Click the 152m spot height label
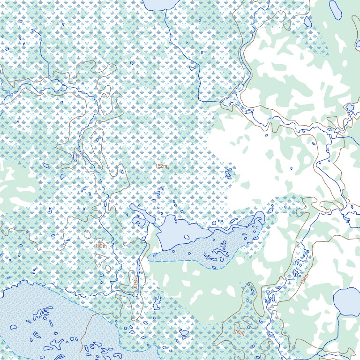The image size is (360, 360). pos(162,166)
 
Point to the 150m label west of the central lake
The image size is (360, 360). pos(100,246)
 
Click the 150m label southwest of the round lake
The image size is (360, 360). pos(239,332)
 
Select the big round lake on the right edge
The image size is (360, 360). pos(346,302)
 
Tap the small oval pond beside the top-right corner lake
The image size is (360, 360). pos(308,22)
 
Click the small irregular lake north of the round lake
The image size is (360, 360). pos(350,108)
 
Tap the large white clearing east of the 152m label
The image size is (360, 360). pos(244,159)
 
